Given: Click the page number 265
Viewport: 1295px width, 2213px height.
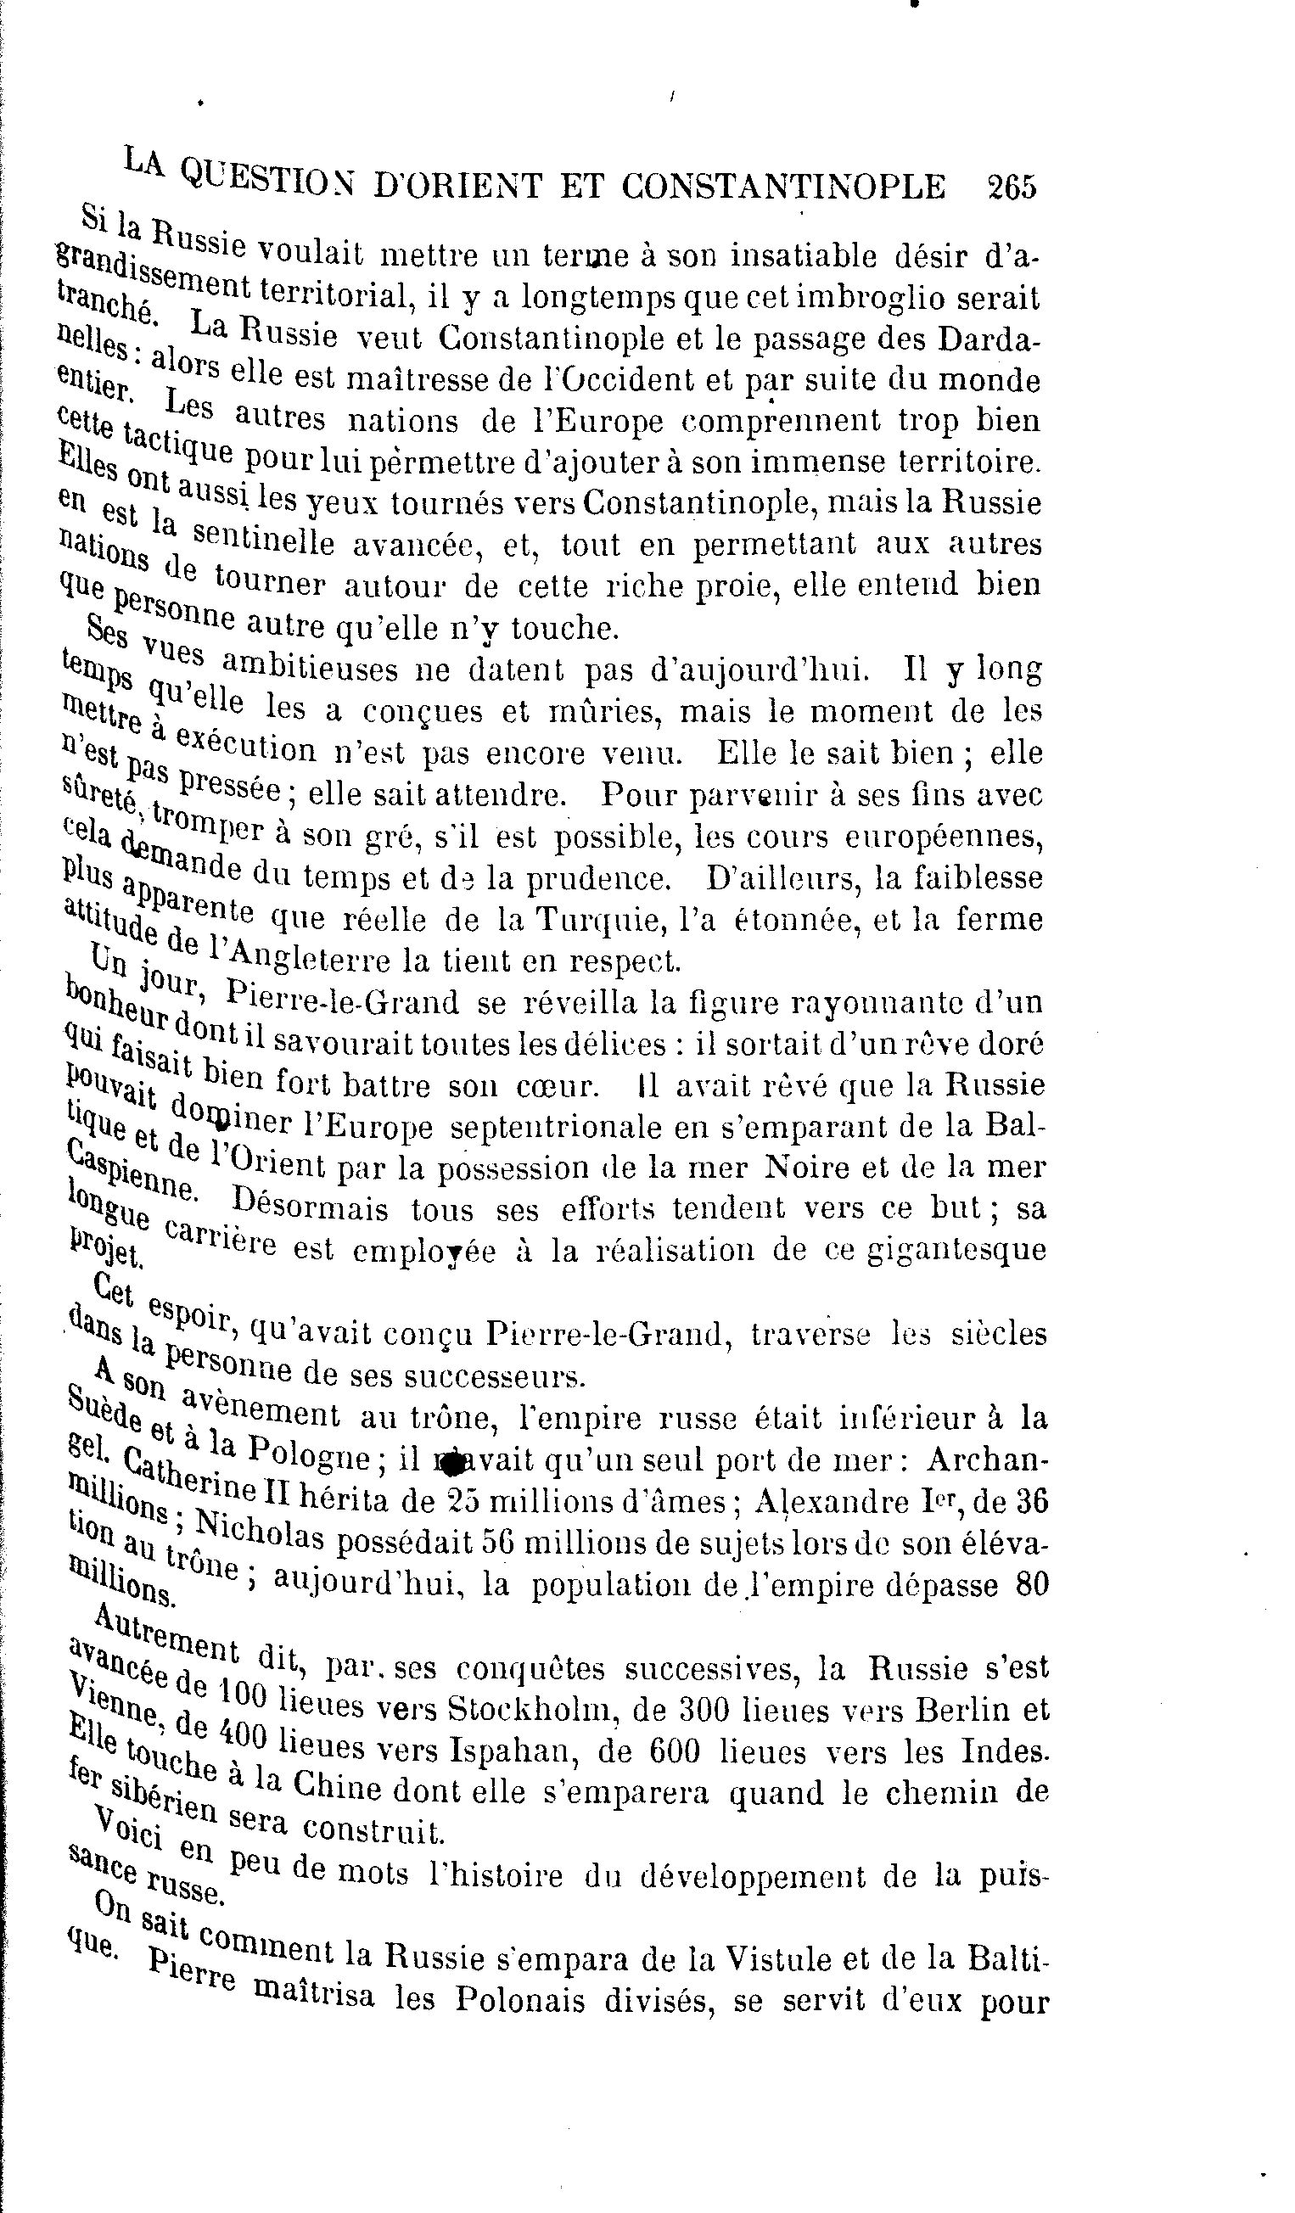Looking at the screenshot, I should [1012, 187].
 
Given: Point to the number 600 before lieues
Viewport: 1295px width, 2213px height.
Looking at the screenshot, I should [675, 1751].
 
